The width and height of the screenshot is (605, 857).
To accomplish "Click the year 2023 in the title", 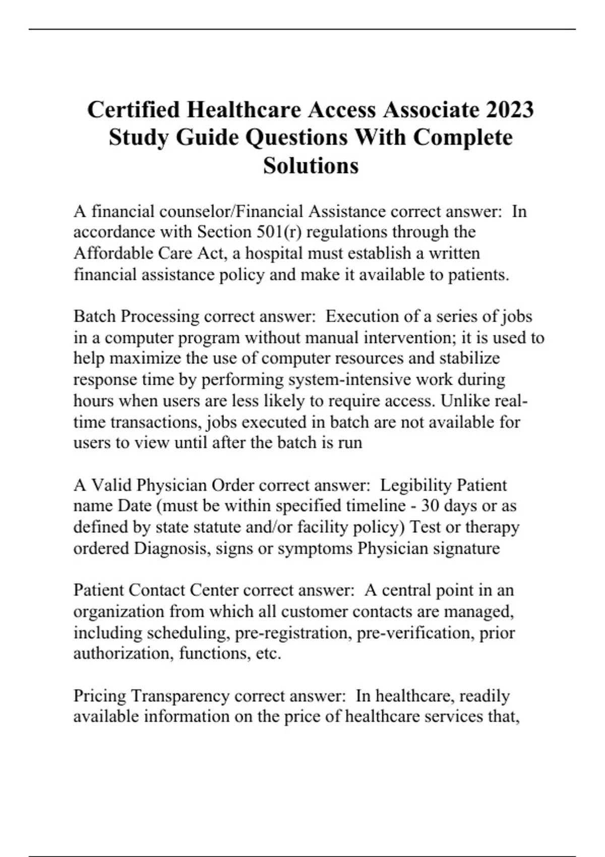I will (x=509, y=109).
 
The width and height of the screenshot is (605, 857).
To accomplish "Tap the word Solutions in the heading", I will (x=311, y=165).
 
